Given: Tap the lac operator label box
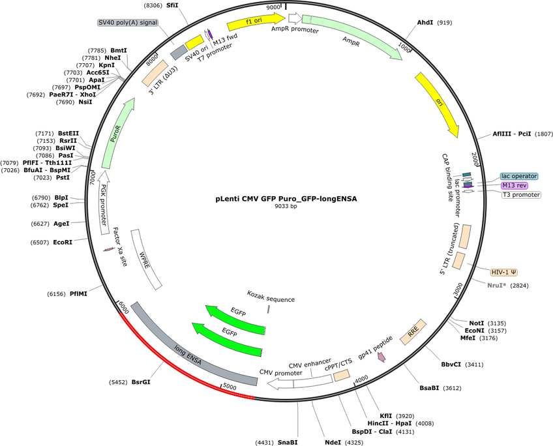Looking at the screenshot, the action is click(x=518, y=176).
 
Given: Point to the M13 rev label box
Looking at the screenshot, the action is click(x=514, y=185).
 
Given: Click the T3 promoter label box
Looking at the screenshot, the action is click(x=520, y=194).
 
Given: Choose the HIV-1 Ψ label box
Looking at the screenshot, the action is click(x=508, y=271).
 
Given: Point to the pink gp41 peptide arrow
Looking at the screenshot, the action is click(x=382, y=356).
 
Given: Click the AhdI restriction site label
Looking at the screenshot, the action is click(x=425, y=23).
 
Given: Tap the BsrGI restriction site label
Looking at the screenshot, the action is click(x=141, y=382).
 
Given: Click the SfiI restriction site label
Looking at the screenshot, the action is click(x=172, y=5).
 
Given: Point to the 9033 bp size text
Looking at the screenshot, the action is click(x=286, y=206).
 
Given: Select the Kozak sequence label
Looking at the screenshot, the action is click(x=271, y=299).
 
